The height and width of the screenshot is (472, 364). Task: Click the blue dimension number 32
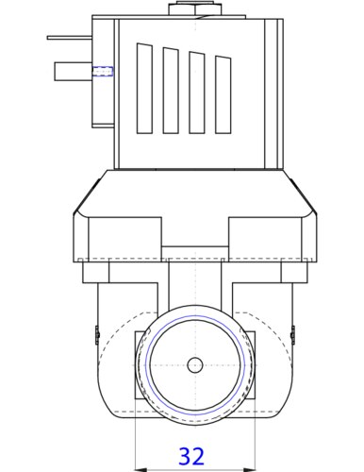coord(191,456)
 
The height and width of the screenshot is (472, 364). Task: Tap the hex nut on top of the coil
coord(195,8)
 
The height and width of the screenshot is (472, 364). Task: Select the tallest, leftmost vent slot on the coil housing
coord(144,88)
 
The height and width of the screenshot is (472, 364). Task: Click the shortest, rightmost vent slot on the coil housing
coord(223,94)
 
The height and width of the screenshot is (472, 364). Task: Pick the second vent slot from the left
coord(171,91)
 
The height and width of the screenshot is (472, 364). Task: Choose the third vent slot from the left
coord(197,93)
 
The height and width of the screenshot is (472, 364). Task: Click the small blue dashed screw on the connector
coord(103,72)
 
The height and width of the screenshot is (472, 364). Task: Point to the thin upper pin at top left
coord(70,38)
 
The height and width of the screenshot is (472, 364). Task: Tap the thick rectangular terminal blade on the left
coord(74,72)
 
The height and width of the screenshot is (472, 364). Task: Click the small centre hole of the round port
coord(195,365)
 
